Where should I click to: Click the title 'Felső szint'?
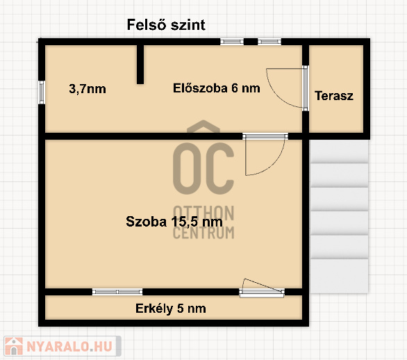click(166, 25)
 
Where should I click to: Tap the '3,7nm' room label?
click(88, 89)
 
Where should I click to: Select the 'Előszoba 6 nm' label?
click(217, 88)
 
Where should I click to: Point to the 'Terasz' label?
click(334, 96)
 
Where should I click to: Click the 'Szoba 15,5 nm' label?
click(174, 222)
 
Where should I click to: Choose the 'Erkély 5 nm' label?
click(171, 309)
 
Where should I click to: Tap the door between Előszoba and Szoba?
click(265, 154)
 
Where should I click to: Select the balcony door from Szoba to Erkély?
click(262, 288)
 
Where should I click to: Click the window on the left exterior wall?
click(42, 92)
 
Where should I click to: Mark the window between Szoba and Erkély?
click(117, 292)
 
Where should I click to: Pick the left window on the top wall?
click(232, 42)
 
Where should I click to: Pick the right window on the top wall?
click(269, 42)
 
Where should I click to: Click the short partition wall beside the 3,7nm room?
click(140, 64)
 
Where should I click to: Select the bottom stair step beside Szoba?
click(339, 276)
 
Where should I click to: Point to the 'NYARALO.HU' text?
click(69, 346)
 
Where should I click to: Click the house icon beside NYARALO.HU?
click(14, 346)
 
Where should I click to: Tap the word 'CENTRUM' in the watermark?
click(203, 233)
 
